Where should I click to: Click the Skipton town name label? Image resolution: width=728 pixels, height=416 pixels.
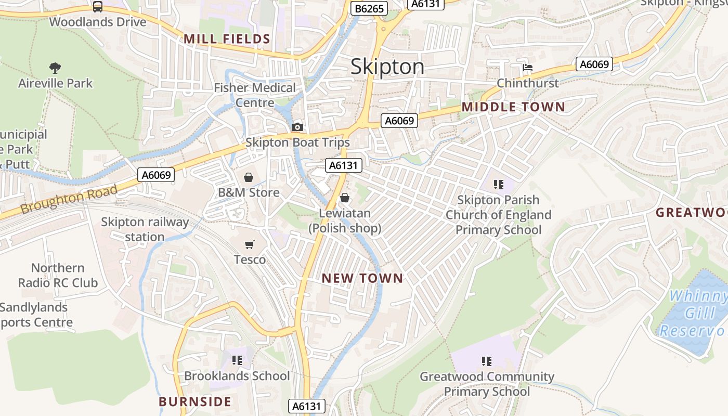387,67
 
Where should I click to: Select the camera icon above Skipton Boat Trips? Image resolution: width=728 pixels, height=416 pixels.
297,127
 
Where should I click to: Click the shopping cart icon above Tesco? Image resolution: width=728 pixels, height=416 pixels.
250,244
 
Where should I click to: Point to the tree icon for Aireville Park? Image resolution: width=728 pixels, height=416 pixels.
55,68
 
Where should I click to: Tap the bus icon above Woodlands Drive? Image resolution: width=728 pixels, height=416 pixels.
98,7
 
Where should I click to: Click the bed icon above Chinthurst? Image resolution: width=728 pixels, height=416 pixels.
528,68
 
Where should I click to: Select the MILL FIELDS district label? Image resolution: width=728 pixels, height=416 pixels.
227,39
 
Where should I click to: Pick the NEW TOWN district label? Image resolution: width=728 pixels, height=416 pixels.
362,278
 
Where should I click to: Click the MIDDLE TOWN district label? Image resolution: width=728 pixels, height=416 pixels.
513,107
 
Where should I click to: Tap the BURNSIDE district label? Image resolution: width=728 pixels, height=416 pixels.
195,401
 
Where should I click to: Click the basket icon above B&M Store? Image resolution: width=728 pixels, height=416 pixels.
249,177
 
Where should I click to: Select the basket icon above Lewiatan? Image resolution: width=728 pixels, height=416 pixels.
344,198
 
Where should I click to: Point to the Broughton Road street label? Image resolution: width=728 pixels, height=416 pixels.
69,199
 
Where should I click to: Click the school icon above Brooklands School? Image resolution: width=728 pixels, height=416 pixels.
237,360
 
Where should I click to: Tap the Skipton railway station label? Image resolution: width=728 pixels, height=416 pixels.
145,229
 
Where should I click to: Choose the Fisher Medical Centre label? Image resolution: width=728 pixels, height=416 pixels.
255,95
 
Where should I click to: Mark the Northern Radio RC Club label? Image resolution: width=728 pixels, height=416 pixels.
58,275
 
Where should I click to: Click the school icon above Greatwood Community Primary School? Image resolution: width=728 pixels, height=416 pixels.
487,361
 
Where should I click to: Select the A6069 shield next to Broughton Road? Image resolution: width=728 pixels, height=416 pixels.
156,175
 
